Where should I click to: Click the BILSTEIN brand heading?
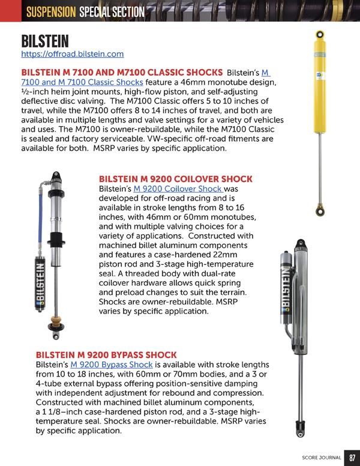[x=45, y=41]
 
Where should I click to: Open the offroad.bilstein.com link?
[x=73, y=54]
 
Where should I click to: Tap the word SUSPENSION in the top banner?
[x=51, y=12]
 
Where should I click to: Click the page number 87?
[x=352, y=458]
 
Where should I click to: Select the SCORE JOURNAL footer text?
[x=322, y=458]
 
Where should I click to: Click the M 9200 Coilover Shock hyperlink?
[x=178, y=189]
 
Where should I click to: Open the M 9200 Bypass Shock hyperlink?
[x=112, y=365]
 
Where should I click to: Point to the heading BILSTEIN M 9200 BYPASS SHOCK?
[x=106, y=355]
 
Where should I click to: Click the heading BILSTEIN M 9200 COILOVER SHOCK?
[x=176, y=179]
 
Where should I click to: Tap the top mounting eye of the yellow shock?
[x=320, y=34]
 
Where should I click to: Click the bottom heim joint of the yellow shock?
[x=320, y=210]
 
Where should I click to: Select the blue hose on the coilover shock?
[x=40, y=220]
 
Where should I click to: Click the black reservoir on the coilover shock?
[x=40, y=283]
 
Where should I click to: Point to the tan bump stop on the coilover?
[x=56, y=321]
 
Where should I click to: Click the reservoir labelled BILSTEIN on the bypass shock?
[x=286, y=288]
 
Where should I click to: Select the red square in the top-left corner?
[x=11, y=11]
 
